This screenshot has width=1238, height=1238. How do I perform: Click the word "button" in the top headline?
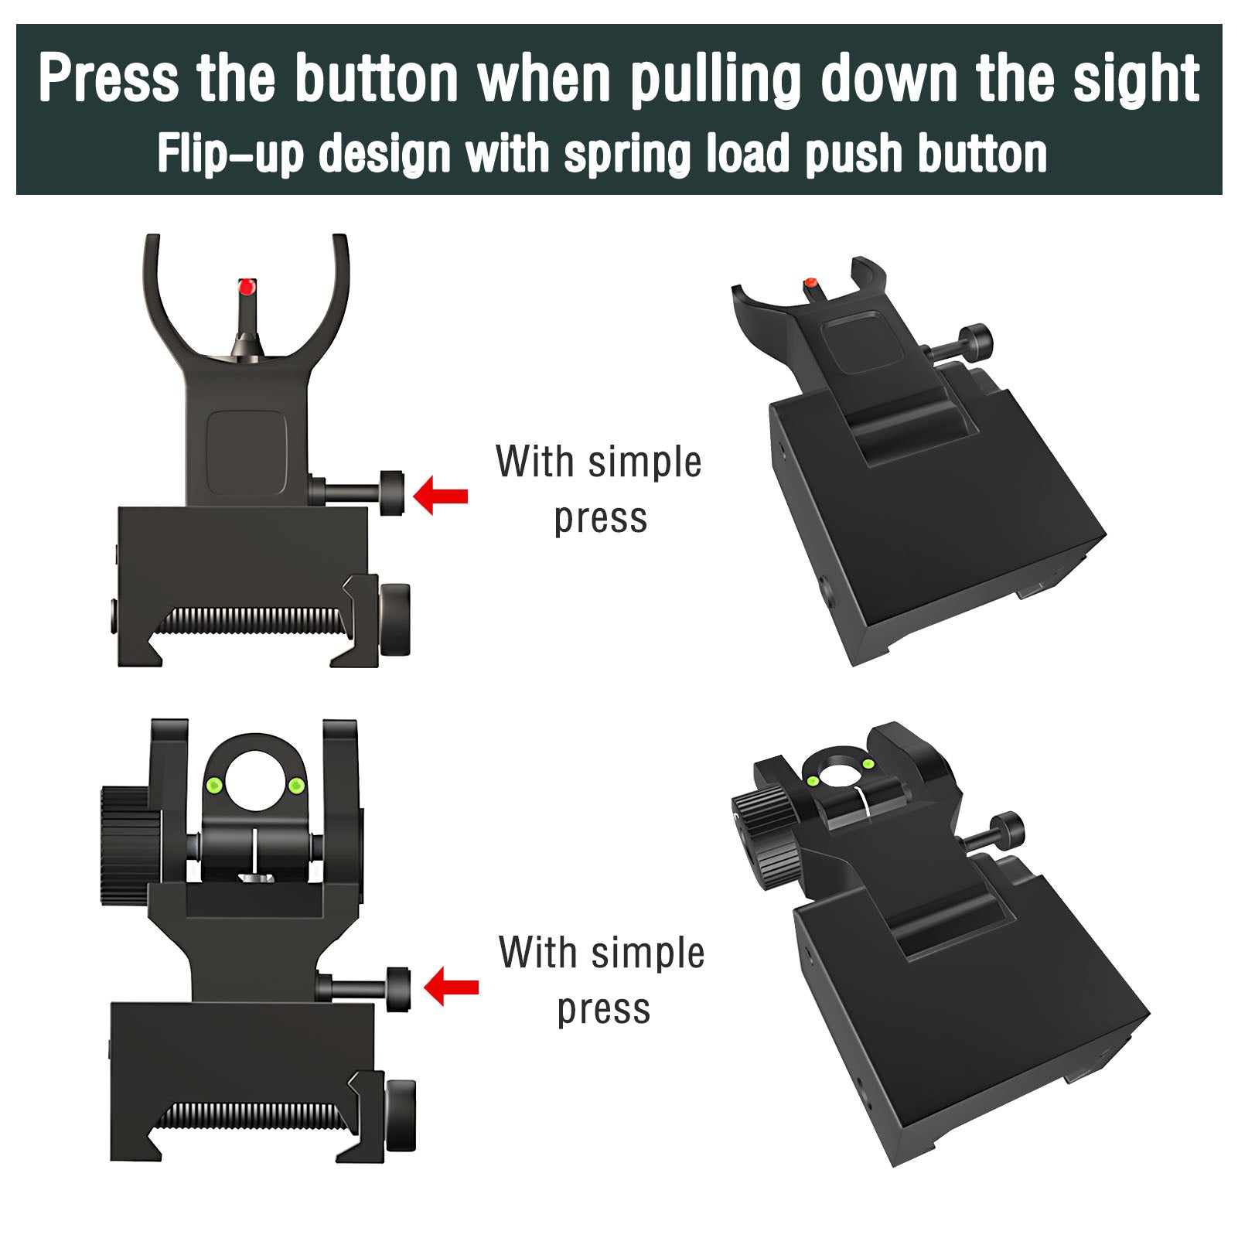[x=377, y=78]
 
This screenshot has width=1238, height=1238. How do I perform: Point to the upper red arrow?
[x=442, y=496]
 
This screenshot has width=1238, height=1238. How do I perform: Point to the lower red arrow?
[x=452, y=987]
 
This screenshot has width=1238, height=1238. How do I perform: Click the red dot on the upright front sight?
[x=247, y=287]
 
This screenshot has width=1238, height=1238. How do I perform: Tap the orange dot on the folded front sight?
[x=810, y=284]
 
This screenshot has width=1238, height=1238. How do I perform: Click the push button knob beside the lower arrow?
[x=398, y=988]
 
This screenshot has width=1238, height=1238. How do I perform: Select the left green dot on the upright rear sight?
[x=216, y=786]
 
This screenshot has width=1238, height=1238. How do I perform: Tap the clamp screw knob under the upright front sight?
[x=396, y=620]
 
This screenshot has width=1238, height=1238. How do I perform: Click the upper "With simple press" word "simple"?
[x=644, y=462]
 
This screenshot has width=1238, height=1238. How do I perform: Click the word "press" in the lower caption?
[x=603, y=1009]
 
